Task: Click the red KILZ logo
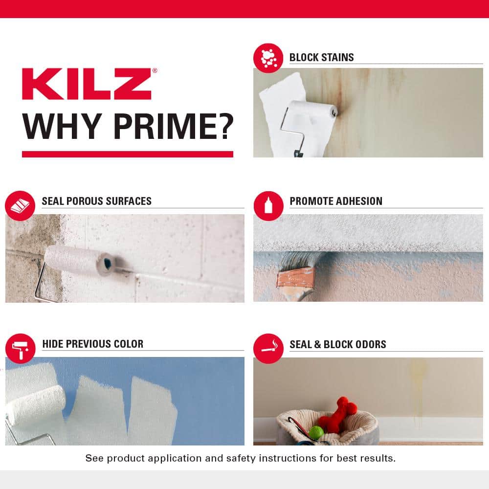pyautogui.click(x=87, y=84)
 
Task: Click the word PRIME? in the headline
pyautogui.click(x=173, y=126)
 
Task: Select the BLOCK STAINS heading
pyautogui.click(x=321, y=57)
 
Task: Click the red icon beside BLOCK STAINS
pyautogui.click(x=268, y=58)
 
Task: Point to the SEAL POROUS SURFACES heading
pyautogui.click(x=96, y=201)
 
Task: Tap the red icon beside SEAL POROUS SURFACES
pyautogui.click(x=20, y=206)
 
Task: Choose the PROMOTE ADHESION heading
pyautogui.click(x=336, y=201)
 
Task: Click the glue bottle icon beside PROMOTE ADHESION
pyautogui.click(x=268, y=206)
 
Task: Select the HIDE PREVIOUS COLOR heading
pyautogui.click(x=92, y=344)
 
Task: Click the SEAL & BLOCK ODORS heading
pyautogui.click(x=338, y=344)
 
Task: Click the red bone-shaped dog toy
pyautogui.click(x=338, y=414)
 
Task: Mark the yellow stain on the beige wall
pyautogui.click(x=418, y=386)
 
